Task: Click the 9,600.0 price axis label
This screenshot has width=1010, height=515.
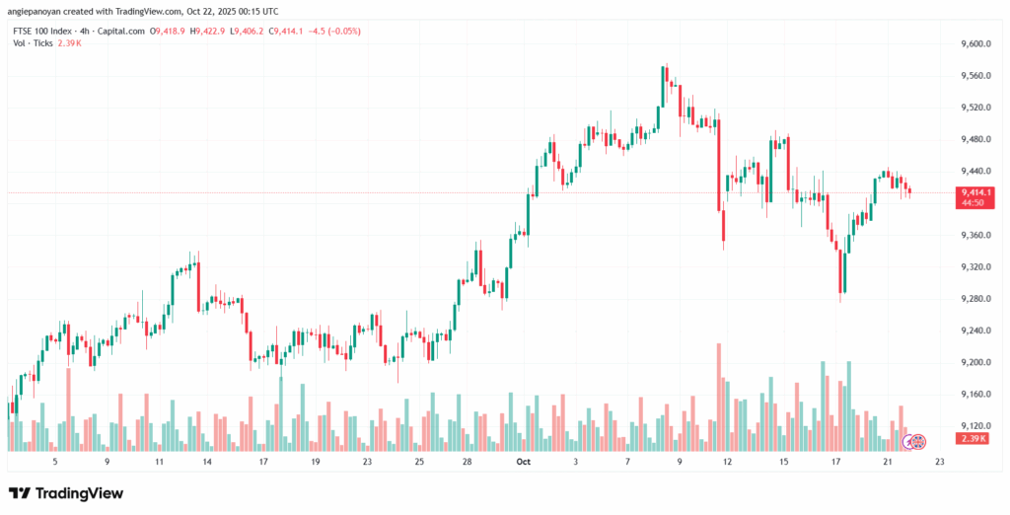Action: [x=974, y=44]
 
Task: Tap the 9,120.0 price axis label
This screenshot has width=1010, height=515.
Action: [x=974, y=426]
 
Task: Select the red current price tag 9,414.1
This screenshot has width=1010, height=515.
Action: [x=974, y=191]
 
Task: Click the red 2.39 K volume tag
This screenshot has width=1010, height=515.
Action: [x=974, y=438]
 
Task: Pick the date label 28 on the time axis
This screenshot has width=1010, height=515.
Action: [x=467, y=461]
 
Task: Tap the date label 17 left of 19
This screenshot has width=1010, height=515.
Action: [x=263, y=461]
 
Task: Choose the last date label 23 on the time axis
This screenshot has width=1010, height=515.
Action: [x=939, y=461]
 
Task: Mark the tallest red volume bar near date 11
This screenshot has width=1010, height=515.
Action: [x=720, y=395]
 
